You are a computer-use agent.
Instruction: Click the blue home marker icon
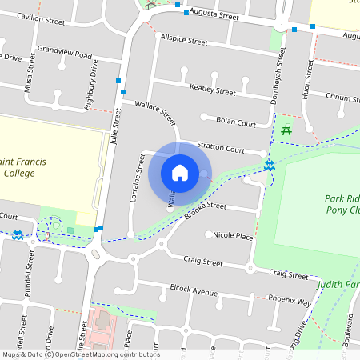click(180, 172)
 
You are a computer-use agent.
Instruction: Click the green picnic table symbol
click(286, 130)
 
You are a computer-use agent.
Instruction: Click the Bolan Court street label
click(236, 122)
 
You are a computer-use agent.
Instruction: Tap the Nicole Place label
click(233, 236)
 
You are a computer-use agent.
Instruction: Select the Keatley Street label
click(212, 88)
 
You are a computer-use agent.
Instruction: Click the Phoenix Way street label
click(289, 302)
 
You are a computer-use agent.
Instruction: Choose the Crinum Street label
click(342, 97)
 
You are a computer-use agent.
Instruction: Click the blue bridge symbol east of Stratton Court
click(270, 165)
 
